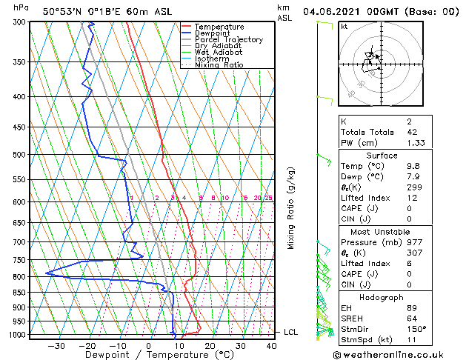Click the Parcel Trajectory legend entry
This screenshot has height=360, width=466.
click(x=228, y=39)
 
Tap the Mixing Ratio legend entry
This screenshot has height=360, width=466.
click(x=219, y=65)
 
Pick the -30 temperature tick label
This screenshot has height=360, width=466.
click(x=56, y=345)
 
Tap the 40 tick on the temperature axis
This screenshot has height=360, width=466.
click(x=270, y=345)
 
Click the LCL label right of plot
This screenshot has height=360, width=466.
click(x=290, y=333)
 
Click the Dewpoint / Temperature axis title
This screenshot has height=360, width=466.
click(x=149, y=355)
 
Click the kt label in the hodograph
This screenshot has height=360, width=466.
click(x=344, y=26)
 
